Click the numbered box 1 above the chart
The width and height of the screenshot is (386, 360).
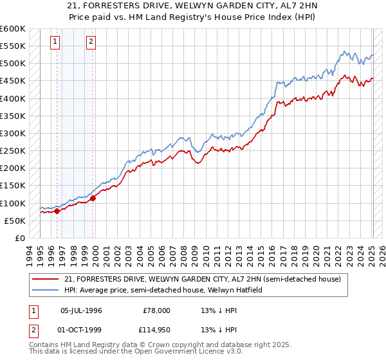point(55,42)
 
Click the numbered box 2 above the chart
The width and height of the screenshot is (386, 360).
point(91,42)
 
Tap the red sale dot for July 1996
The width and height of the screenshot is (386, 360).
point(57,210)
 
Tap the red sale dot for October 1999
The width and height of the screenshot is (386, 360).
point(93,197)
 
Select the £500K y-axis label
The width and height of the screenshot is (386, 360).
point(13,64)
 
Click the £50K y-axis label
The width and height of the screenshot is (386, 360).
point(15,221)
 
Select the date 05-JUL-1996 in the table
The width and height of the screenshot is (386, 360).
point(81,310)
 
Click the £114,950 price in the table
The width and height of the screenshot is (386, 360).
point(155,332)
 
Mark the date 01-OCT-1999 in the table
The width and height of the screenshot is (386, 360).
point(81,332)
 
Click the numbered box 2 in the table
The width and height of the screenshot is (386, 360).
point(32,332)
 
